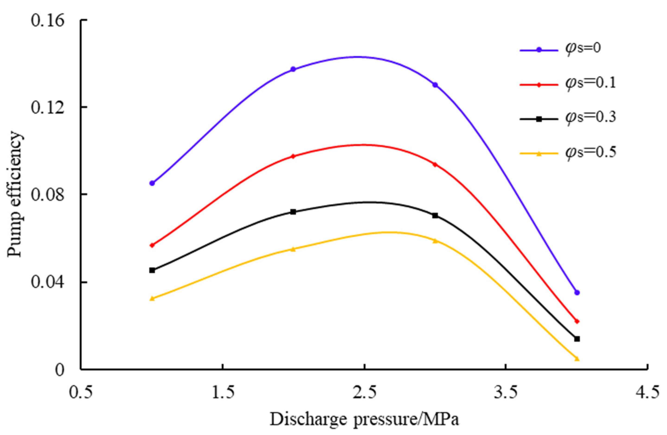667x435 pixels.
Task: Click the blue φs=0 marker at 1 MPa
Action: tap(152, 183)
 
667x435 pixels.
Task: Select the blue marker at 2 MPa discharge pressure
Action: tap(293, 69)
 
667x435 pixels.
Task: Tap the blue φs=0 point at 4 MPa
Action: tap(577, 292)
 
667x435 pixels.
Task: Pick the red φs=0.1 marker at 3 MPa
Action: tap(435, 164)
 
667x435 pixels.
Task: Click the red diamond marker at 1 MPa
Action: tap(152, 245)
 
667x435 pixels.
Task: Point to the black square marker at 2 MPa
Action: tap(293, 212)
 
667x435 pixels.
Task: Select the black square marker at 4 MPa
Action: tap(577, 339)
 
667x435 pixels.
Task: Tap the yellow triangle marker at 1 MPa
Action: tap(152, 298)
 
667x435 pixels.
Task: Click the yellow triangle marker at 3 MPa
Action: tap(435, 241)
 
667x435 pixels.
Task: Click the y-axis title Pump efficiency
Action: tap(15, 194)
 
